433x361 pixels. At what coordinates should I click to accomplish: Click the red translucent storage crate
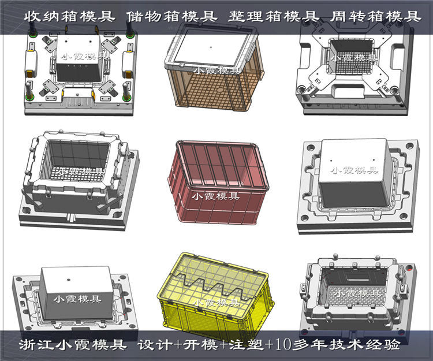216,183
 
